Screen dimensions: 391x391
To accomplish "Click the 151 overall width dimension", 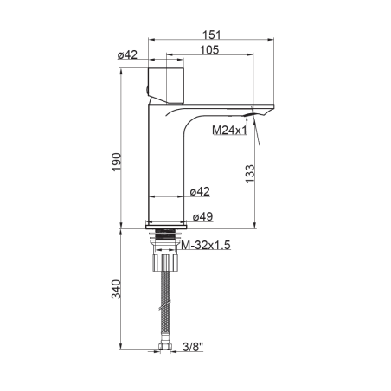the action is click(211, 35).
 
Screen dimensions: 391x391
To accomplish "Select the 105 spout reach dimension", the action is click(209, 50).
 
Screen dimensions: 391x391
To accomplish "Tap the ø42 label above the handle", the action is click(127, 54).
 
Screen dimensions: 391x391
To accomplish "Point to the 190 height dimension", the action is click(117, 162).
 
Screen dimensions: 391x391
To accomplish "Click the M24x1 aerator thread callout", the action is click(230, 131).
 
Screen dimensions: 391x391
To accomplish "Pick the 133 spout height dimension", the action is click(250, 173).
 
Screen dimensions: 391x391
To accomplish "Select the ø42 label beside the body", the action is click(200, 191).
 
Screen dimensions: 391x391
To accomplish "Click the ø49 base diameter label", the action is click(202, 216).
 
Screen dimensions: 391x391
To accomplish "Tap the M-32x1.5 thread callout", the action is click(206, 246).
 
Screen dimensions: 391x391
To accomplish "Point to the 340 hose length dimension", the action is click(116, 289).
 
